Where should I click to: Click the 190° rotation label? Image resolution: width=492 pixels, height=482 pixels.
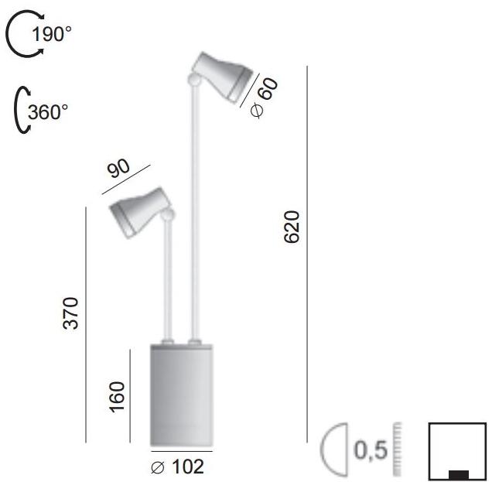pyautogui.click(x=53, y=33)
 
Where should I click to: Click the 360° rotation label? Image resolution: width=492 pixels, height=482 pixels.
pyautogui.click(x=48, y=111)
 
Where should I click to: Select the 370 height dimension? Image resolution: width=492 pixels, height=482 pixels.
pyautogui.click(x=71, y=313)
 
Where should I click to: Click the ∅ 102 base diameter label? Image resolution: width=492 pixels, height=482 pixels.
pyautogui.click(x=178, y=467)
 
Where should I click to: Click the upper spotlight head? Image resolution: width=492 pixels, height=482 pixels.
pyautogui.click(x=224, y=75)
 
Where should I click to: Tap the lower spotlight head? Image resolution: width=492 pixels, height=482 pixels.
pyautogui.click(x=139, y=209)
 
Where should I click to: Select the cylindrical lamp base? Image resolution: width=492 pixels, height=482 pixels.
pyautogui.click(x=181, y=395)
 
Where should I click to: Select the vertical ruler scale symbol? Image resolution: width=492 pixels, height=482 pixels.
pyautogui.click(x=398, y=450)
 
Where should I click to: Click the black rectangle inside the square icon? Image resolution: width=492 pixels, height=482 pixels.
pyautogui.click(x=458, y=474)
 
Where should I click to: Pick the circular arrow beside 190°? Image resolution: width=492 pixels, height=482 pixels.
pyautogui.click(x=19, y=36)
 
